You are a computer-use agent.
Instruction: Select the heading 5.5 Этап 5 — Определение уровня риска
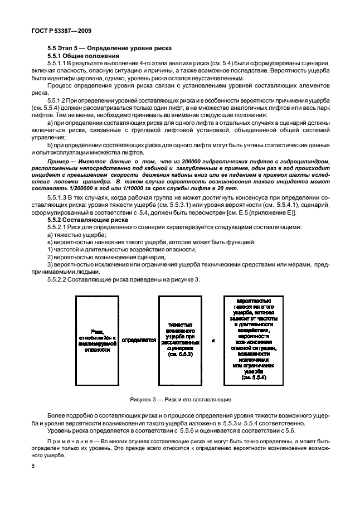[x=110, y=49]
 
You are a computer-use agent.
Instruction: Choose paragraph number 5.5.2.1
[x=58, y=229]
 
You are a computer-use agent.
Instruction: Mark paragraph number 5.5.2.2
[x=58, y=279]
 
